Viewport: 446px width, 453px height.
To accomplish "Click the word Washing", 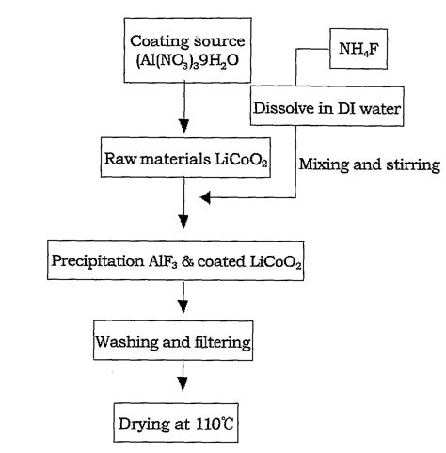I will coord(123,341).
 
